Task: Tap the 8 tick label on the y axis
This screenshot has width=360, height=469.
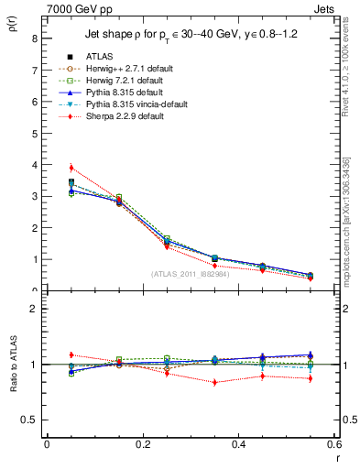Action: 35,38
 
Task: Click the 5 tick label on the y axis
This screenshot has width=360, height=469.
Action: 35,133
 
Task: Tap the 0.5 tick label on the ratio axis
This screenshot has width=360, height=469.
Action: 30,420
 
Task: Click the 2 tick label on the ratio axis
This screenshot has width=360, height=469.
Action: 35,310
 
